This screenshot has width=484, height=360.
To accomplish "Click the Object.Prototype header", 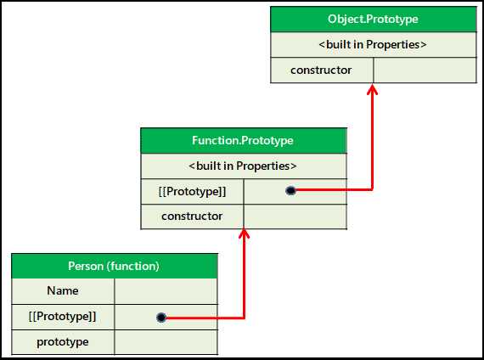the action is click(x=373, y=20).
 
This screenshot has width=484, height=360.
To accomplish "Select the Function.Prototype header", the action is click(x=244, y=140).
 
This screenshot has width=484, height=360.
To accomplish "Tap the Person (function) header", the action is click(x=115, y=266).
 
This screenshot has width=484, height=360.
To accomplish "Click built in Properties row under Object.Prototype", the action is click(x=373, y=44).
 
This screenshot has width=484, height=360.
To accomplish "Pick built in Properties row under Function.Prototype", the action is click(x=244, y=166).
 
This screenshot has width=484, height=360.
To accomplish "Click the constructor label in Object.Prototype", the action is click(x=321, y=70).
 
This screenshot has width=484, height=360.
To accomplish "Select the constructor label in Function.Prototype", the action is click(x=192, y=217).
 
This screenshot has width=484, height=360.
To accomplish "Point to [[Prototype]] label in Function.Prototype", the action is click(x=192, y=191).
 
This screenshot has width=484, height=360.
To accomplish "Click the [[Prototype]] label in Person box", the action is click(x=63, y=317).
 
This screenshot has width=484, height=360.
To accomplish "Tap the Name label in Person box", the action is click(x=63, y=291).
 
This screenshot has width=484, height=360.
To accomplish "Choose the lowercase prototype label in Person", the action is click(x=63, y=342).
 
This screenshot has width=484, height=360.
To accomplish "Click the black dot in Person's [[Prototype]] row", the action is click(x=161, y=318).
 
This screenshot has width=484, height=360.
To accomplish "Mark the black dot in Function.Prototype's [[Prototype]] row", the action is click(x=290, y=191).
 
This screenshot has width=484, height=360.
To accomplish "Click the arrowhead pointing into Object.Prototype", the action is click(x=373, y=89).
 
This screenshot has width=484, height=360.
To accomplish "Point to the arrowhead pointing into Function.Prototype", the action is click(x=245, y=233).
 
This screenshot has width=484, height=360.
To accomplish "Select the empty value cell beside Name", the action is click(x=166, y=291).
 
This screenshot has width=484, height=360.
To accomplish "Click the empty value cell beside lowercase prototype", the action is click(x=166, y=342).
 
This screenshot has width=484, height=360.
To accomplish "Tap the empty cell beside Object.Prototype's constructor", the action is click(x=425, y=70).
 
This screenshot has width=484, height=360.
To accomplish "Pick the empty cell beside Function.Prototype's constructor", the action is click(x=295, y=217).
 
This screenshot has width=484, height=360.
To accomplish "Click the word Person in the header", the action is click(x=86, y=266).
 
